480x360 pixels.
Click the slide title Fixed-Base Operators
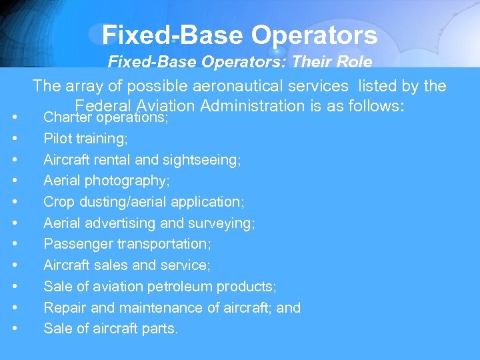[239, 35]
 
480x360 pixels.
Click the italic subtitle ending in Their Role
[239, 63]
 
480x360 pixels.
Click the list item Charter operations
[105, 118]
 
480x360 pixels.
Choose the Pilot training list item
[85, 139]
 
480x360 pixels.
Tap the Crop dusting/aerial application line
[144, 202]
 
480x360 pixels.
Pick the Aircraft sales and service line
[127, 265]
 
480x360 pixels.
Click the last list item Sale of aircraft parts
[111, 329]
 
